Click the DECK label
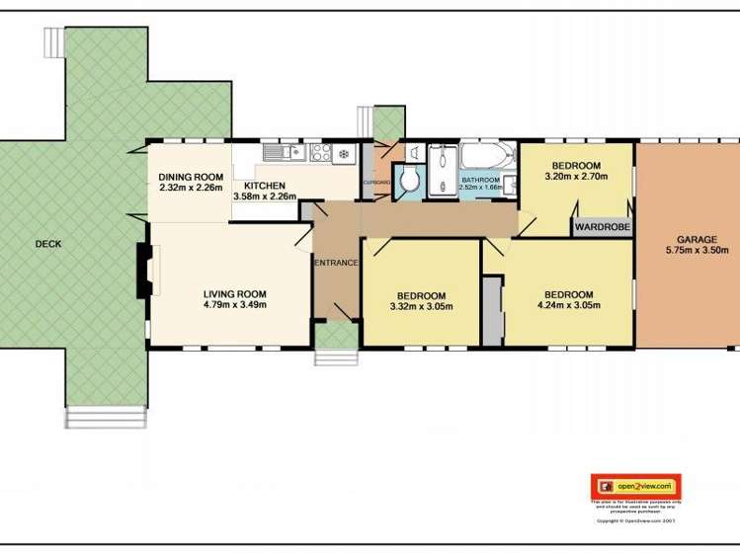48,244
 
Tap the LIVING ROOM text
235,293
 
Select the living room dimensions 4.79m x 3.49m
235,304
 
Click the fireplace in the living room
143,270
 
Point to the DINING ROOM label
191,178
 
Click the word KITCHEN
264,186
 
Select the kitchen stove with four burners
320,152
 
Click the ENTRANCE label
335,263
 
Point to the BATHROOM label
481,180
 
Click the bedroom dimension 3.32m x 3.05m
421,306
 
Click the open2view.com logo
636,486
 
